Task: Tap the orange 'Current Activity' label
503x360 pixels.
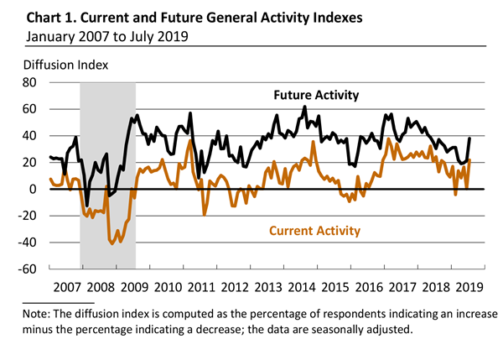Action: click(x=314, y=230)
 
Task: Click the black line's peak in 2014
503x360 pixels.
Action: click(x=304, y=106)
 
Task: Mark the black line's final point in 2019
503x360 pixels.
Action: click(x=469, y=138)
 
